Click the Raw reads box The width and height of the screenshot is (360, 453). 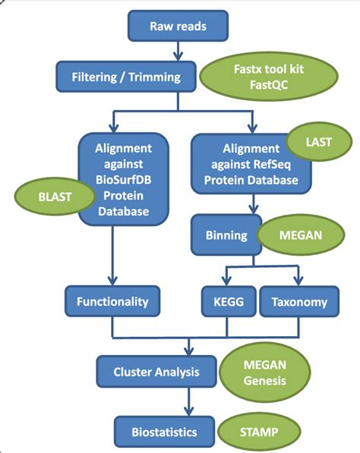[178, 26]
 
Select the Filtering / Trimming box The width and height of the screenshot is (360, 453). [126, 77]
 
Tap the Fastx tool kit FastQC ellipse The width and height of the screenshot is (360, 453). [269, 77]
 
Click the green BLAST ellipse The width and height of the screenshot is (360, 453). [55, 197]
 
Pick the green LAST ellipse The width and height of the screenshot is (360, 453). [319, 142]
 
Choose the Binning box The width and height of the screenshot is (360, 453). [226, 235]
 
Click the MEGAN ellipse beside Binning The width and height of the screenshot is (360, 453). [301, 235]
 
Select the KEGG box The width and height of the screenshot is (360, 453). [229, 301]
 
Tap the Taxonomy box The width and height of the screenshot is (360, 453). [299, 301]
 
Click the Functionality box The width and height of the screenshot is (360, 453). [112, 301]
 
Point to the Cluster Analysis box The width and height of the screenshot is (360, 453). [156, 372]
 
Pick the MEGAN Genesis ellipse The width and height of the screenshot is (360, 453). [264, 373]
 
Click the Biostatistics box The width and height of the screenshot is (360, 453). [164, 432]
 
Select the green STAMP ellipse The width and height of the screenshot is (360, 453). [259, 432]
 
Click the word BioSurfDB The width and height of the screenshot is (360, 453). [124, 180]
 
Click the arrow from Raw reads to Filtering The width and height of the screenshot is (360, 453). [178, 51]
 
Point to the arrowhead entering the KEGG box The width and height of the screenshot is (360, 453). [226, 281]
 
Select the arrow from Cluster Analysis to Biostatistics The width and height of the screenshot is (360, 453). [189, 402]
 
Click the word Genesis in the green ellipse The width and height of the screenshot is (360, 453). [264, 380]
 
